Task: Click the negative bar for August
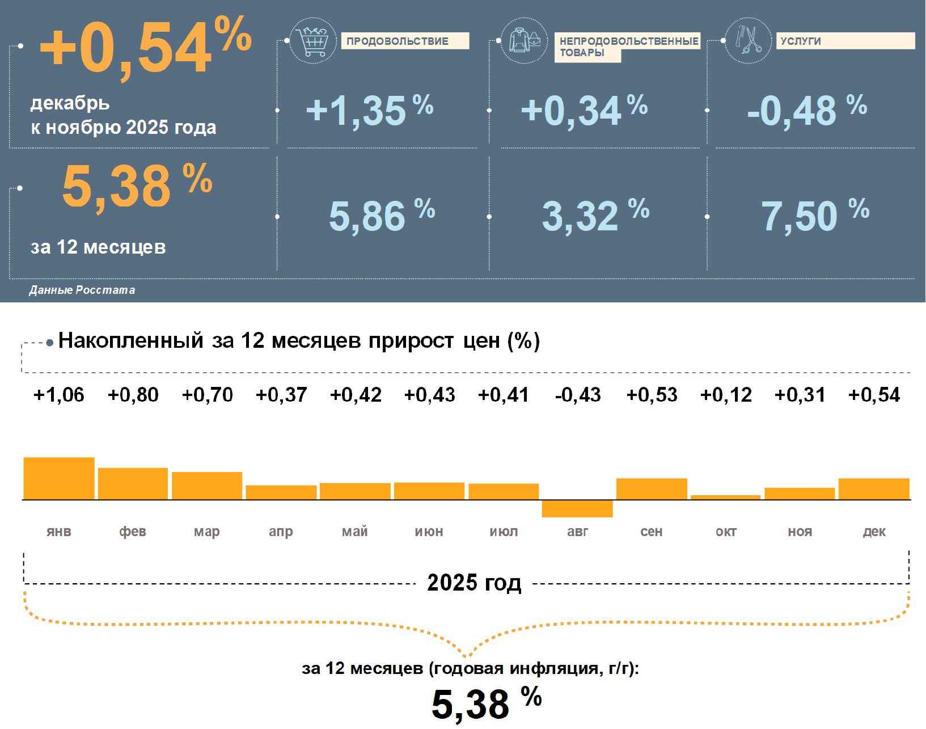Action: (x=577, y=508)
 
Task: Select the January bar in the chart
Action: (x=59, y=478)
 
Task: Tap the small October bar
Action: (x=725, y=498)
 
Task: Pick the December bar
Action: (x=874, y=489)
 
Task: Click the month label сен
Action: (x=652, y=532)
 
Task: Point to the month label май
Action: (x=355, y=532)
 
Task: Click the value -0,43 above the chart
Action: (x=578, y=395)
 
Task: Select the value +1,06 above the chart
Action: (x=59, y=395)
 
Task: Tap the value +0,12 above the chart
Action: (x=726, y=395)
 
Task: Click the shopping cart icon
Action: (x=312, y=41)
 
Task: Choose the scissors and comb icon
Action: (x=749, y=41)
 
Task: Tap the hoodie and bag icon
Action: (x=525, y=41)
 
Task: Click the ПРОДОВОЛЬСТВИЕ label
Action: (x=398, y=41)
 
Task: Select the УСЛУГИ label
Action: (x=801, y=41)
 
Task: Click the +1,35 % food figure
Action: (x=369, y=110)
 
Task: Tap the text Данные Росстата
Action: (x=82, y=290)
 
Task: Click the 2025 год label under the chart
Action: (x=474, y=583)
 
